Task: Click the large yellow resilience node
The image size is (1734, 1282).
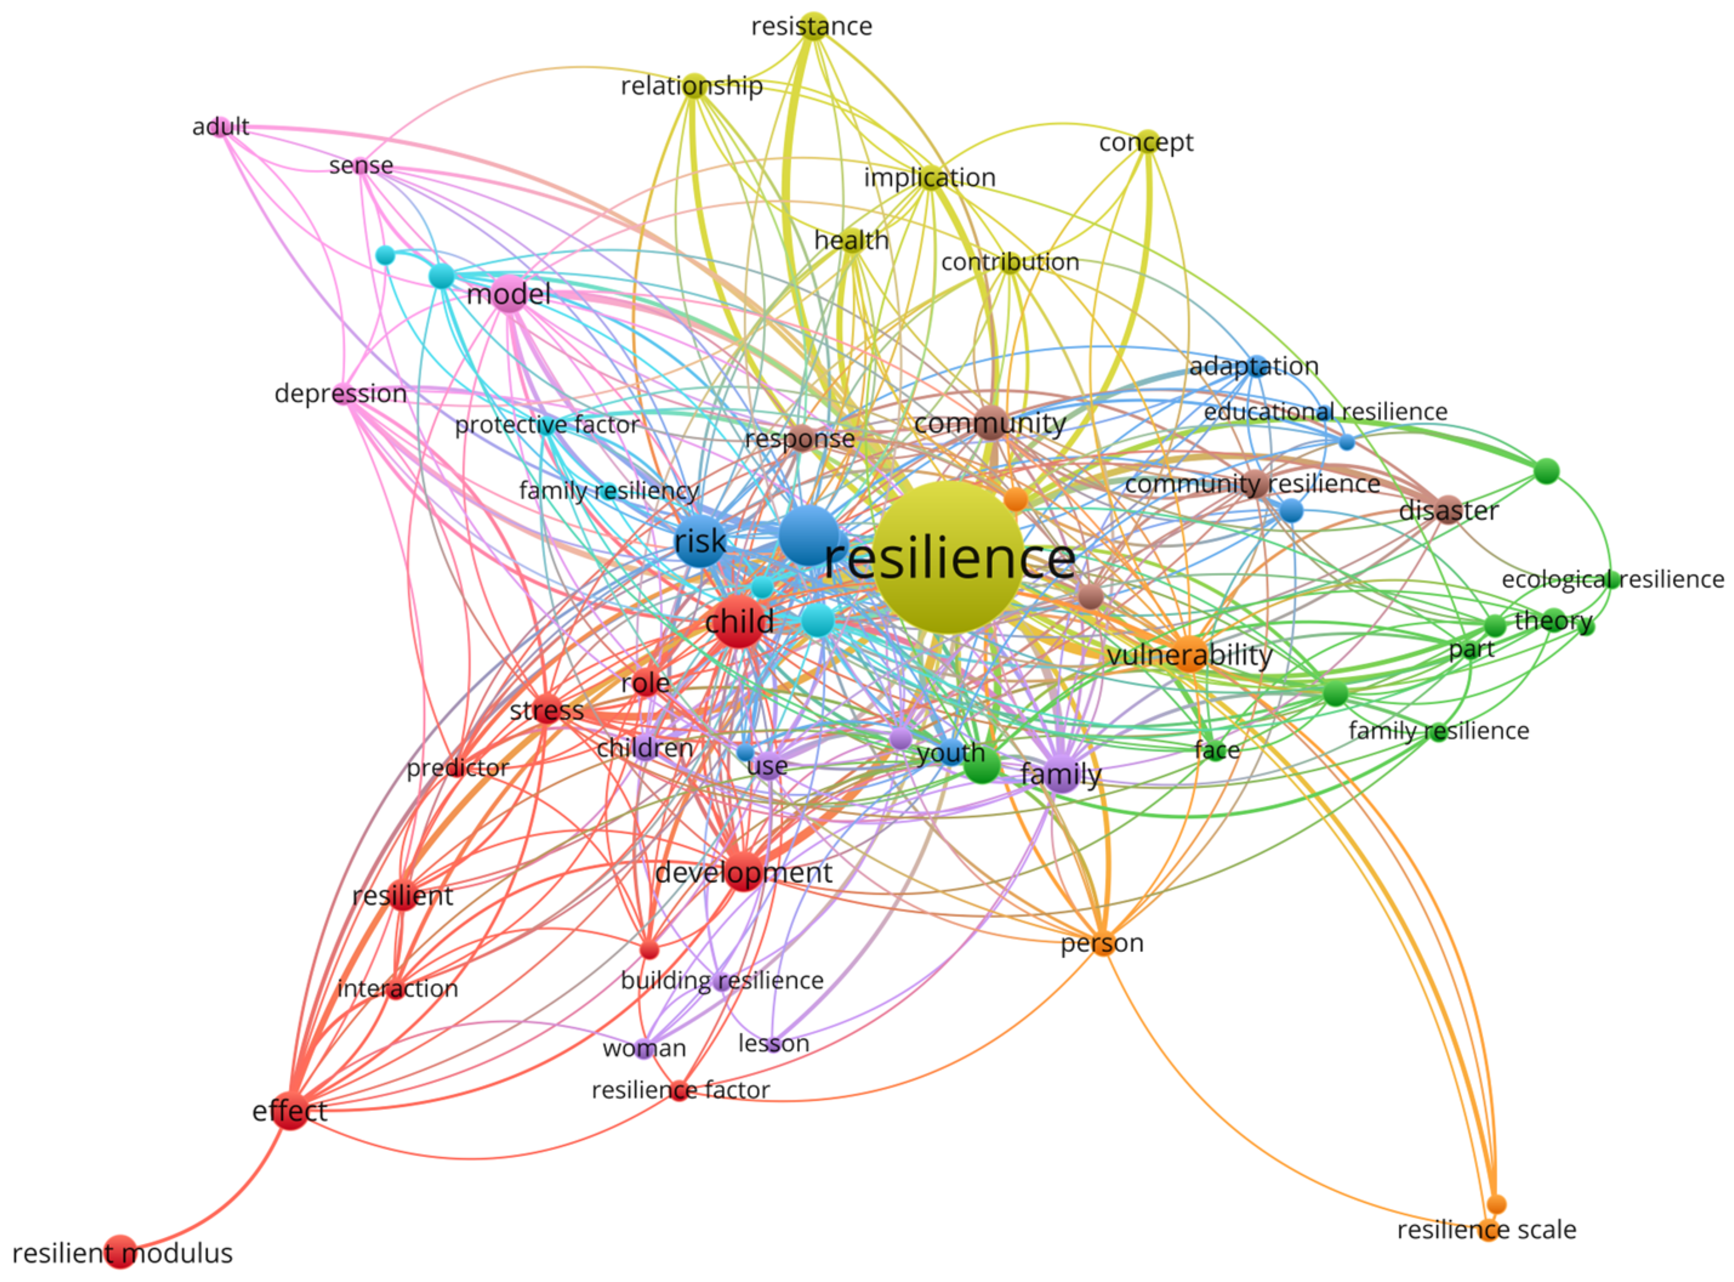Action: tap(947, 556)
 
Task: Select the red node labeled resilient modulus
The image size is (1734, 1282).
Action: tap(120, 1252)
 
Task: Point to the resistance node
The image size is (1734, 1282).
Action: tap(812, 25)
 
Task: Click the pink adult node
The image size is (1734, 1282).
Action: tap(222, 126)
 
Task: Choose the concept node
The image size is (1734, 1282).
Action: tap(1147, 142)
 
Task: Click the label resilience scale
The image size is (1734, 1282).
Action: tap(1487, 1230)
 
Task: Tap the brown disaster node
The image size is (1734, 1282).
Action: tap(1448, 510)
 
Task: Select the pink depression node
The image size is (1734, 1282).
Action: tap(342, 393)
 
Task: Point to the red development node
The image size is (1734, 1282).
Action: tap(743, 871)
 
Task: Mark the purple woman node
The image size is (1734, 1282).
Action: tap(643, 1048)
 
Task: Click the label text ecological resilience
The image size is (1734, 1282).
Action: tap(1613, 579)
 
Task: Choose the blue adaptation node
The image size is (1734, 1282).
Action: tap(1257, 365)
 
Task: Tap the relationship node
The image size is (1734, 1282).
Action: tap(693, 86)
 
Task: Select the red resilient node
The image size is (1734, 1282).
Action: tap(403, 896)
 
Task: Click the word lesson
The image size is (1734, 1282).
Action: tap(773, 1044)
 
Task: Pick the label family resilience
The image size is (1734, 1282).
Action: tap(1439, 731)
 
